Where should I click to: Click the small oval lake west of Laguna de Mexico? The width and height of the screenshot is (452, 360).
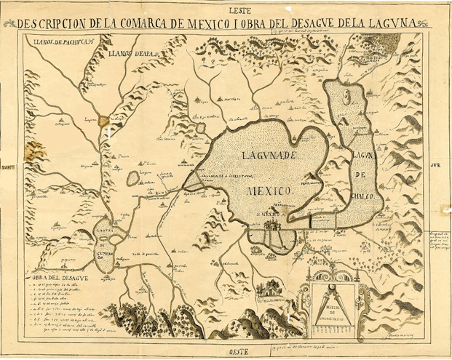pyautogui.click(x=133, y=177)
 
